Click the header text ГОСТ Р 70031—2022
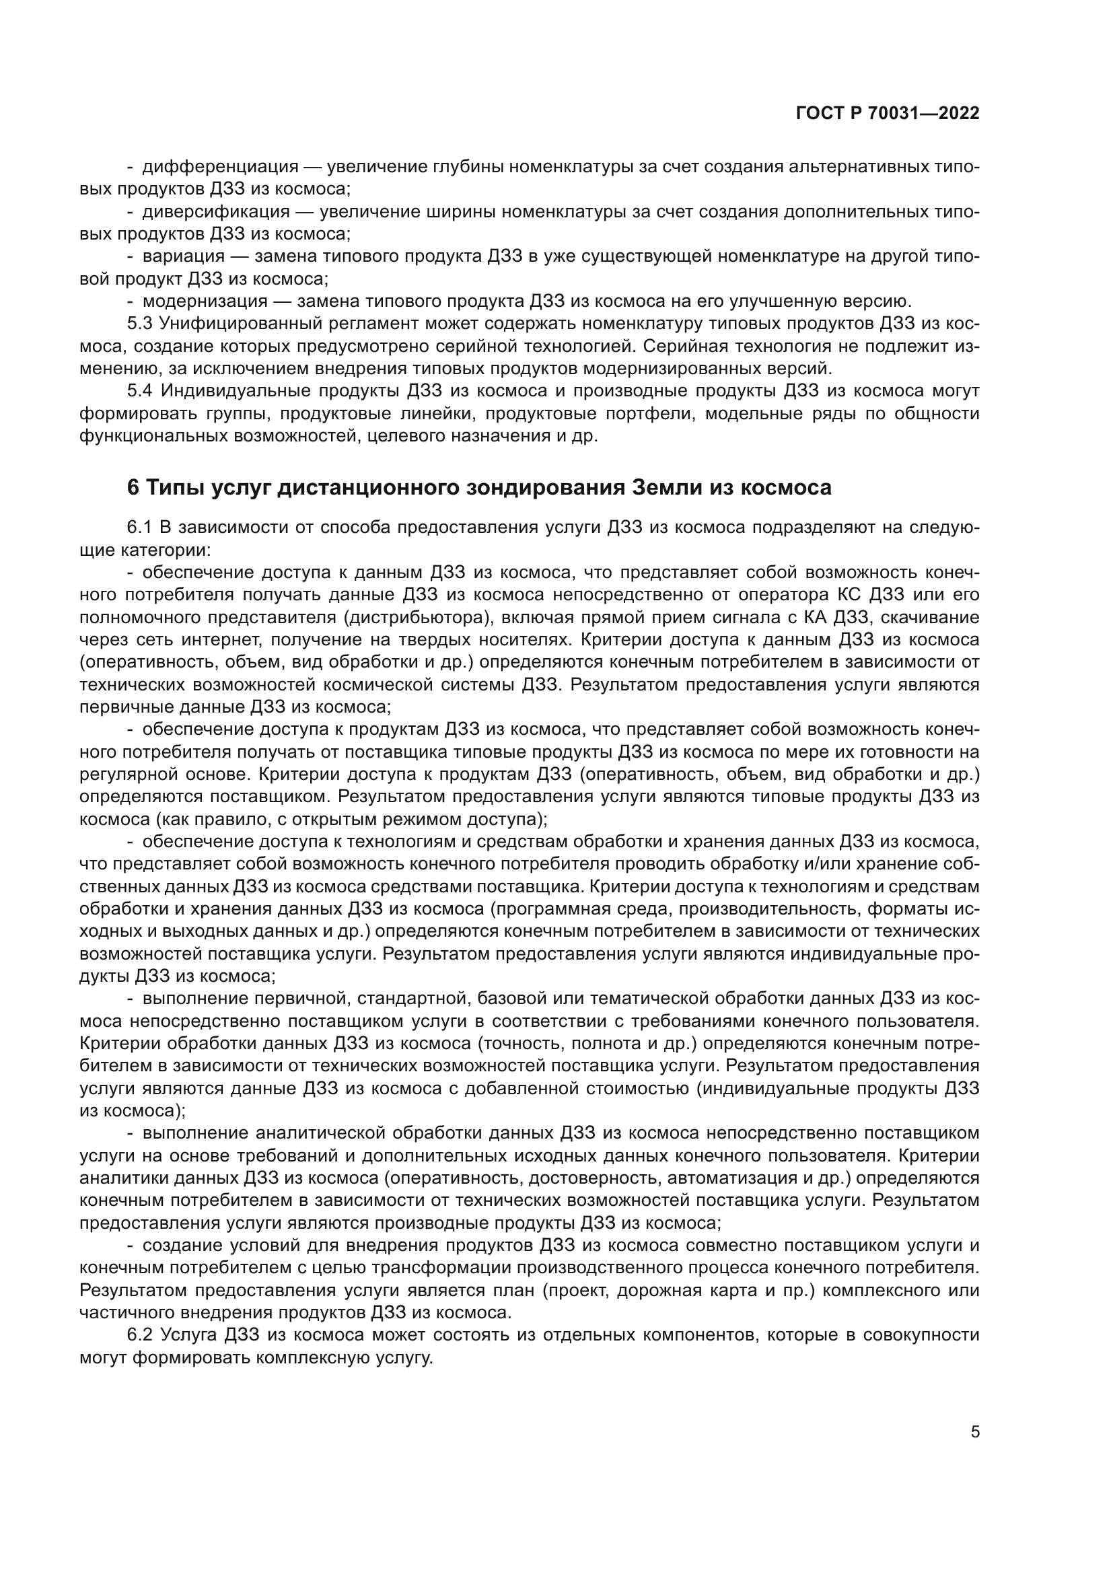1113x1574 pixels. pyautogui.click(x=888, y=114)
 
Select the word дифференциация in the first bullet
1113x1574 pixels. pyautogui.click(x=220, y=167)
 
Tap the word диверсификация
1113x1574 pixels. pyautogui.click(x=216, y=212)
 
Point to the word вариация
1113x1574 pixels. pyautogui.click(x=184, y=256)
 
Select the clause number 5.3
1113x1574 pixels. pyautogui.click(x=141, y=324)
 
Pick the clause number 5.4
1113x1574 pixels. pyautogui.click(x=141, y=391)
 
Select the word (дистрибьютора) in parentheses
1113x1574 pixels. pyautogui.click(x=419, y=617)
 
